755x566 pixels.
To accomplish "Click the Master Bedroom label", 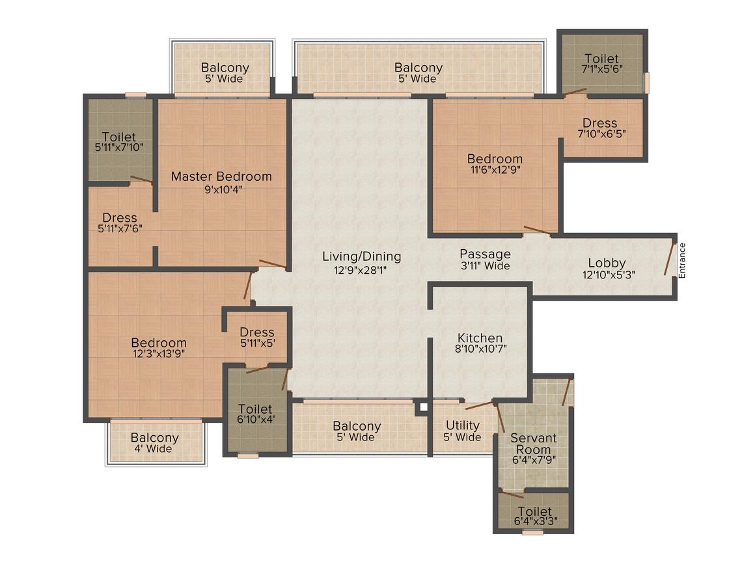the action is point(221,177).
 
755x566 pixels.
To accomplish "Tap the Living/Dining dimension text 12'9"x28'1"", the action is point(361,270).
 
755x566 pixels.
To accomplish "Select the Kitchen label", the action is point(480,338).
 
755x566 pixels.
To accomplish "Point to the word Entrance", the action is point(682,260).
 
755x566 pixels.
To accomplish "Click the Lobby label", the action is point(607,263).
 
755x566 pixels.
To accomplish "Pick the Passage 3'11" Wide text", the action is point(486,260).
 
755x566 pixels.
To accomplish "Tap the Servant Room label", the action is point(534,444).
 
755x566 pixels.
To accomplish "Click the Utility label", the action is point(463,425).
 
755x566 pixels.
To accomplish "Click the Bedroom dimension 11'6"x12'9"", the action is point(495,169).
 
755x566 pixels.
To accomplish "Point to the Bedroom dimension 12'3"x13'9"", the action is point(159,354).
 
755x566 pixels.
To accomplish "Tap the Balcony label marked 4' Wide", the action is point(154,443).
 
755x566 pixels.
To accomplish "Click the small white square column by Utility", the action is point(423,408).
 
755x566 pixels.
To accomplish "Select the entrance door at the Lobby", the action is point(670,259).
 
